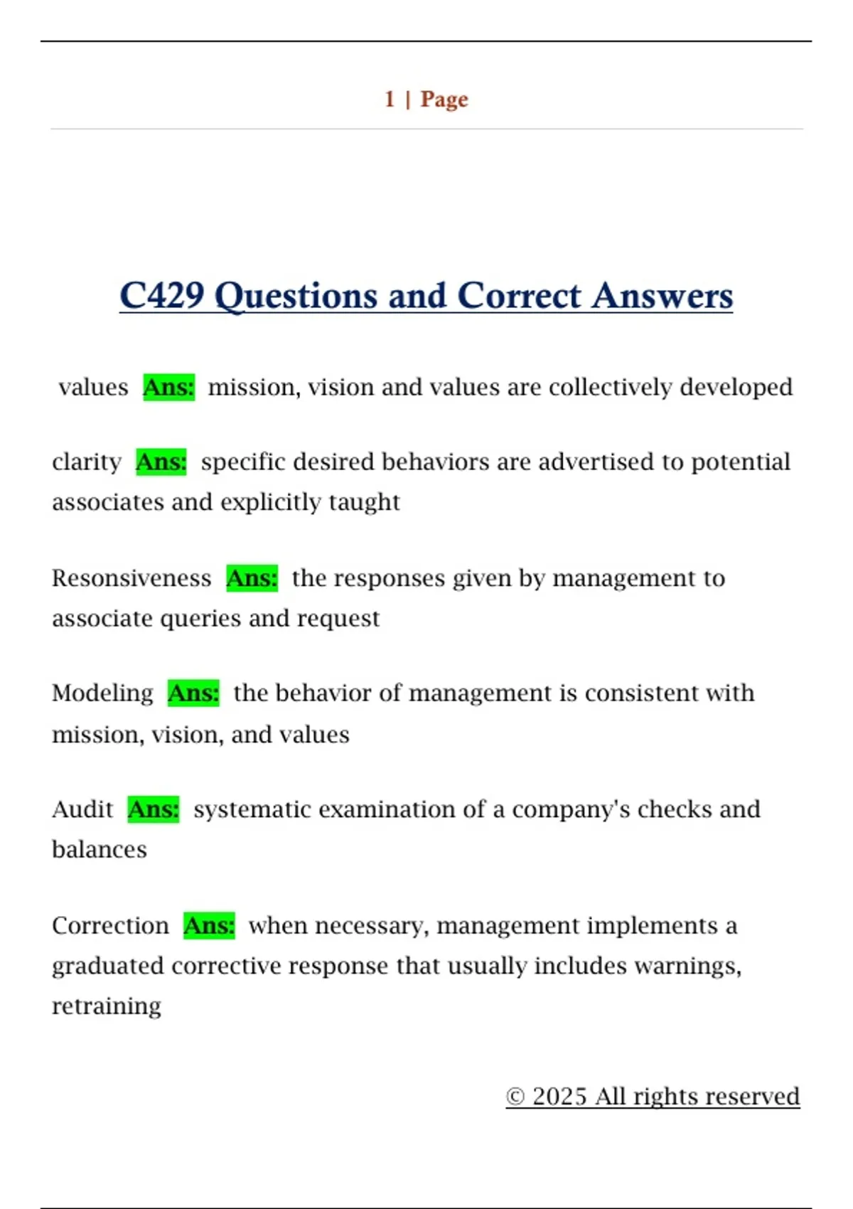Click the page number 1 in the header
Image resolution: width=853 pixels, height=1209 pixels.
coord(390,99)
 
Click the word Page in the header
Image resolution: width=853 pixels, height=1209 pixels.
coord(444,100)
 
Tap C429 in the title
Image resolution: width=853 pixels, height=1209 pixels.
coord(162,295)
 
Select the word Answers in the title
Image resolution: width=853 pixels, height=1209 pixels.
coord(662,295)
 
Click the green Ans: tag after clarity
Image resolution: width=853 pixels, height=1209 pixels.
coord(161,462)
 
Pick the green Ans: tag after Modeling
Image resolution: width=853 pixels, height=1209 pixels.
coord(193,693)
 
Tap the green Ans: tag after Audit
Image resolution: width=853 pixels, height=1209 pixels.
coord(154,809)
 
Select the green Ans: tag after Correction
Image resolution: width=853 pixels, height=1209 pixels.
coord(209,926)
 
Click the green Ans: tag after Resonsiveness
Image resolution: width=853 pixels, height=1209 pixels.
coord(252,578)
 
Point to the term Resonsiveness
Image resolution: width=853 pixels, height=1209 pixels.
coord(132,578)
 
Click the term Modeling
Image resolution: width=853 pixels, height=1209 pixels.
coord(102,693)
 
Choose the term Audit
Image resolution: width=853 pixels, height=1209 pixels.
coord(82,809)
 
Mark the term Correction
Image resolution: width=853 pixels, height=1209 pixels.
coord(110,926)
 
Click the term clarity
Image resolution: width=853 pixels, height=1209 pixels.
coord(87,462)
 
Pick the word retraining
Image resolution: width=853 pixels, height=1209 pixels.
coord(107,1006)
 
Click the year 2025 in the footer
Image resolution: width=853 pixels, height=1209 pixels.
coord(559,1097)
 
